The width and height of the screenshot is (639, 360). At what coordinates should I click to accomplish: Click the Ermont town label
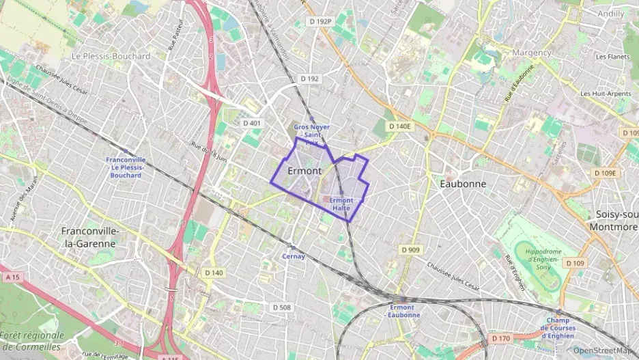click(x=305, y=170)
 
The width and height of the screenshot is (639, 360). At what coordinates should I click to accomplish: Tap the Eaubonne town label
click(x=463, y=184)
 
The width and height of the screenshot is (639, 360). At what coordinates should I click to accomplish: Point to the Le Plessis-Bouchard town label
click(x=111, y=56)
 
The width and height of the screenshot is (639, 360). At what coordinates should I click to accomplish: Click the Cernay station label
click(x=294, y=256)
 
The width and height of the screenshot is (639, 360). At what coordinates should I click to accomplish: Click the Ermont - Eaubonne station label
click(x=401, y=311)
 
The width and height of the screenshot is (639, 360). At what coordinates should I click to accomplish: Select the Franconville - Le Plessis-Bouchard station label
click(x=126, y=167)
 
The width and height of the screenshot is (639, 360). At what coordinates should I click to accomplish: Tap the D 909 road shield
click(x=410, y=250)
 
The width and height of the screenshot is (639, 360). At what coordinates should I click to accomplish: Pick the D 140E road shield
click(x=399, y=126)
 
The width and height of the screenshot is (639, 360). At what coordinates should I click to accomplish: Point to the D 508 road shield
click(x=281, y=307)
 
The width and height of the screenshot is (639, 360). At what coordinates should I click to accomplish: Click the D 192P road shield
click(x=319, y=22)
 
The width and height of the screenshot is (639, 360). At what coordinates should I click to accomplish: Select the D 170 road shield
click(x=500, y=337)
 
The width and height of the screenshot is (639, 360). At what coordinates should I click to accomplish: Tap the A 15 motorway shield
click(x=12, y=277)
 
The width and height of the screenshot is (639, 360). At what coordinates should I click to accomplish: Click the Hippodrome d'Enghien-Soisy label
click(x=543, y=259)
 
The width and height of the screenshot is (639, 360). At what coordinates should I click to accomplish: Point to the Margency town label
click(x=531, y=53)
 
